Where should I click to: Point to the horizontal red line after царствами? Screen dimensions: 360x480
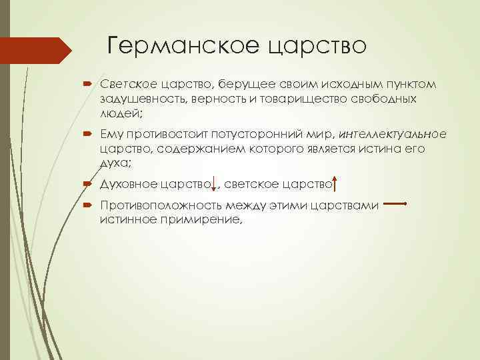tap(396, 204)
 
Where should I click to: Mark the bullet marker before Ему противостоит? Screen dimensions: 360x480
tap(89, 135)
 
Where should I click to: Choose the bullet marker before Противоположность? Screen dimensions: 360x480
tap(89, 206)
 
